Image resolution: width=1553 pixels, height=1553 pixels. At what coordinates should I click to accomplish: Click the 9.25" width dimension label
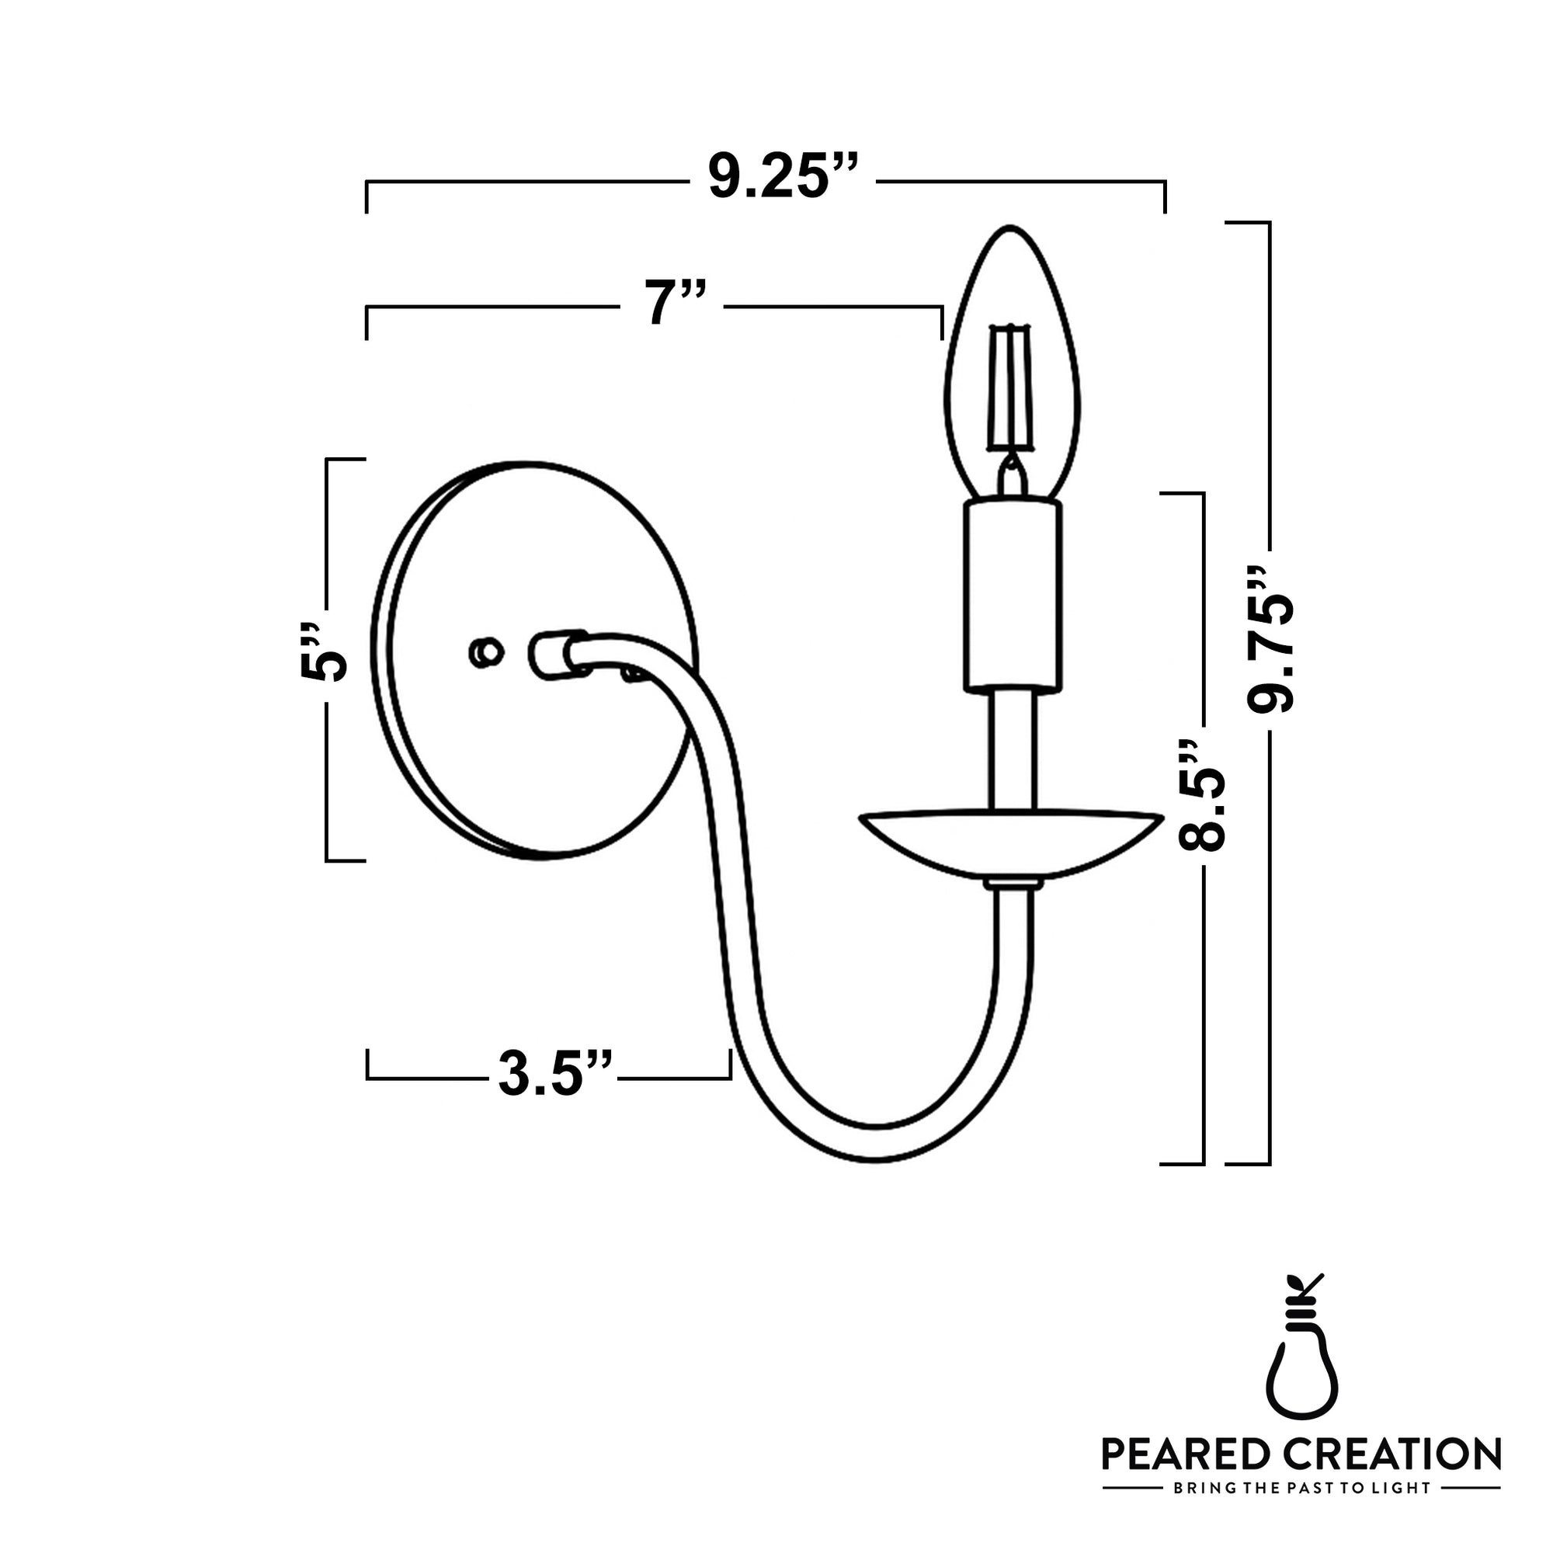pos(781,175)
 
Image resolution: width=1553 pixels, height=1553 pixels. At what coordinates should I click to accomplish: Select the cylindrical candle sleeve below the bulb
pos(1013,595)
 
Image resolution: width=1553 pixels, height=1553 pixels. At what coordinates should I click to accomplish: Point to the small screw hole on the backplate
pos(485,653)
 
